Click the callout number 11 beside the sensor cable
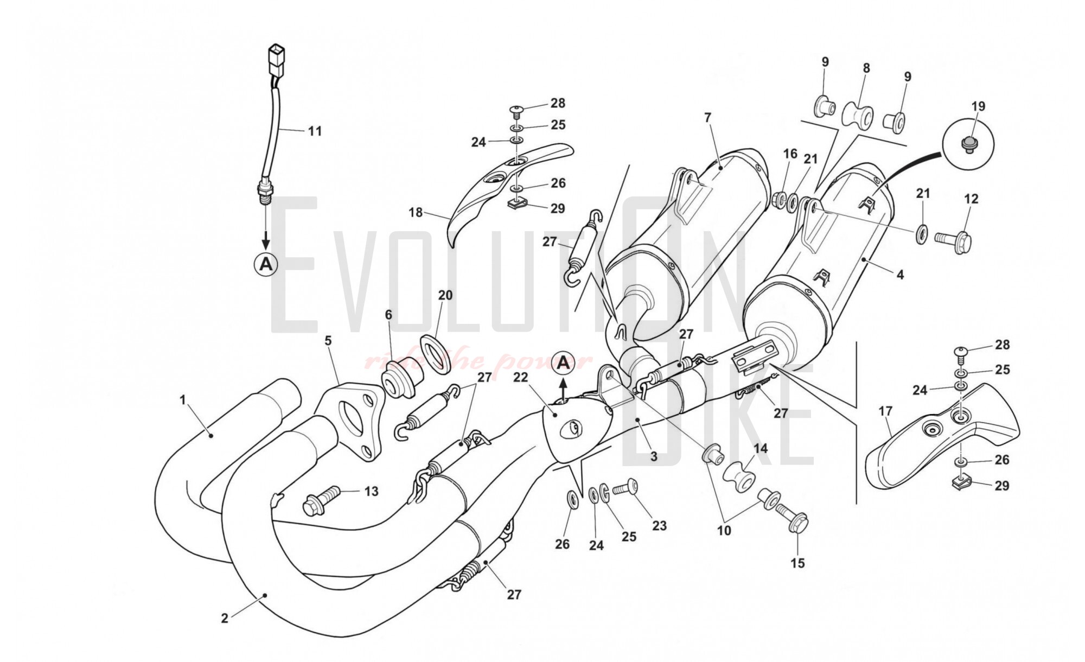pyautogui.click(x=315, y=131)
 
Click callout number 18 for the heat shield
pyautogui.click(x=416, y=212)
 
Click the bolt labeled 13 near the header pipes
pyautogui.click(x=322, y=497)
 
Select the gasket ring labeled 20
pyautogui.click(x=436, y=355)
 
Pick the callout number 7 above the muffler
pyautogui.click(x=707, y=118)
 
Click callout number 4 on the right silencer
pyautogui.click(x=900, y=275)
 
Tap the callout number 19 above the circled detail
pyautogui.click(x=978, y=106)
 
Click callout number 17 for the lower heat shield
pyautogui.click(x=885, y=412)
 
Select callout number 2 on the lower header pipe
pyautogui.click(x=225, y=618)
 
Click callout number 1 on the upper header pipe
pyautogui.click(x=183, y=400)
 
